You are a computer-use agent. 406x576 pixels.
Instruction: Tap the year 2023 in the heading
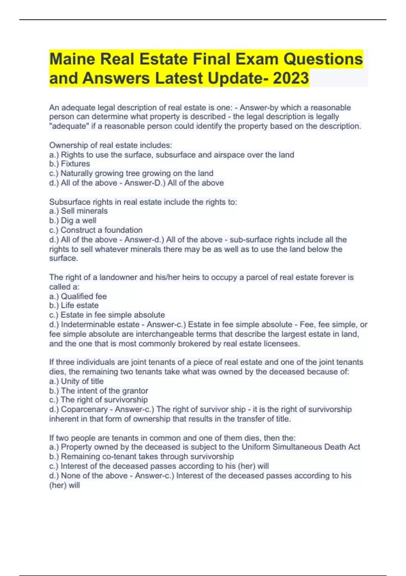point(291,78)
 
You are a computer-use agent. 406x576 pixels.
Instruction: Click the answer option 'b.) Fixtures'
point(69,164)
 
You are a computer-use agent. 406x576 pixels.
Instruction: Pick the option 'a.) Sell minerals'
point(78,211)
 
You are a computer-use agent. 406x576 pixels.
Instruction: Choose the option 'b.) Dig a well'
point(73,221)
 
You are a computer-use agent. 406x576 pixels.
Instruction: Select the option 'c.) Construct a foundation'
point(96,230)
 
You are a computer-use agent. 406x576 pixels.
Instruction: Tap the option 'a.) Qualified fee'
point(78,296)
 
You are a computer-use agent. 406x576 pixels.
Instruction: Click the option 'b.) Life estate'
point(74,306)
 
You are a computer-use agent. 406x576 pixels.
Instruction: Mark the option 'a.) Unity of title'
point(76,381)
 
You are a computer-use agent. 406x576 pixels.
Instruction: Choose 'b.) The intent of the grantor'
point(98,391)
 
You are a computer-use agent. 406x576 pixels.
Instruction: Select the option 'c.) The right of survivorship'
point(98,400)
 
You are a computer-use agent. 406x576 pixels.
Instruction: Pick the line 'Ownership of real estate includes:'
point(111,145)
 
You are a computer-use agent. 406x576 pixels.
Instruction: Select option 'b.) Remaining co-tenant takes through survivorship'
point(141,457)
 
